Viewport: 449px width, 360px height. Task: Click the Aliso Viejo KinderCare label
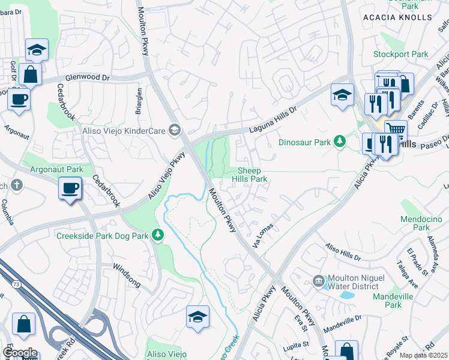pyautogui.click(x=123, y=131)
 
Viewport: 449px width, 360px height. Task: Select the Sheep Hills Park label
pyautogui.click(x=250, y=175)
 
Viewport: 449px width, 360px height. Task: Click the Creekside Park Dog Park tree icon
pyautogui.click(x=158, y=235)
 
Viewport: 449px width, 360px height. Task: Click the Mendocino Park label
pyautogui.click(x=421, y=223)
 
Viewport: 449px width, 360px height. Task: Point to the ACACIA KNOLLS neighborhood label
pyautogui.click(x=397, y=17)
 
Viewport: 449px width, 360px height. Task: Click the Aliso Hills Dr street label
pyautogui.click(x=343, y=251)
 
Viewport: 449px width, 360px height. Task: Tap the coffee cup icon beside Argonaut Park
pyautogui.click(x=70, y=188)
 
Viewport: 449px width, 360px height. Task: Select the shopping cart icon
pyautogui.click(x=395, y=129)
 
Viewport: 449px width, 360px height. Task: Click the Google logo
pyautogui.click(x=19, y=353)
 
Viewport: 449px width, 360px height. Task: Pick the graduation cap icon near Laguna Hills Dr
pyautogui.click(x=342, y=95)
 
